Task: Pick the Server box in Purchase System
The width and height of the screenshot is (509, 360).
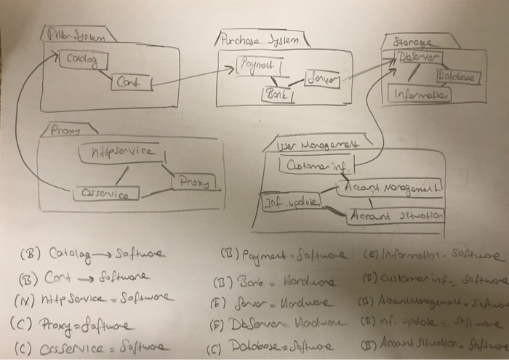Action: tap(322, 78)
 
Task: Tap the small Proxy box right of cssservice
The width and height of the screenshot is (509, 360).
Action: tap(193, 180)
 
